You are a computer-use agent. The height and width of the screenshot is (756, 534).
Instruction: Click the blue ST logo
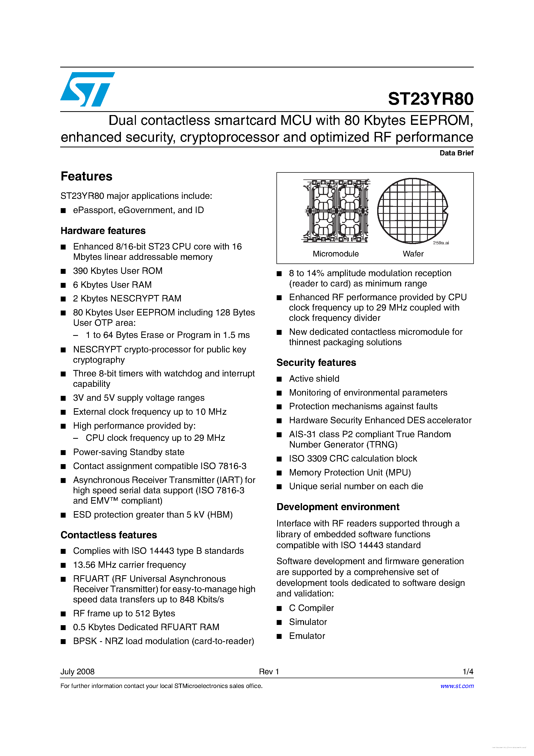coord(87,89)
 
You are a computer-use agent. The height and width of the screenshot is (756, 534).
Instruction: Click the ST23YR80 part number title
coord(430,99)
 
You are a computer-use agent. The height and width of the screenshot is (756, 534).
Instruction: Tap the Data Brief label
coord(456,153)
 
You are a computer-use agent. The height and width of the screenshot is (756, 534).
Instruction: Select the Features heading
coord(87,177)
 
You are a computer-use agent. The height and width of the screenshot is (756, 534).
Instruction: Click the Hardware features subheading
coord(103,231)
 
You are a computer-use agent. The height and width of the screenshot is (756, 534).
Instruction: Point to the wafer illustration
coord(412,211)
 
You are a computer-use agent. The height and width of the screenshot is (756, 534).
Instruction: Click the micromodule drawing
coord(336,211)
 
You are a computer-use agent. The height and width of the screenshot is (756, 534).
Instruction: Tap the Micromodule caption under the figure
coord(335,254)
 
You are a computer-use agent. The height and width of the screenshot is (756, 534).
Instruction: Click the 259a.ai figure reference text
coord(440,243)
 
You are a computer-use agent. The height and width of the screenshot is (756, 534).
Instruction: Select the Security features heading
coord(316,362)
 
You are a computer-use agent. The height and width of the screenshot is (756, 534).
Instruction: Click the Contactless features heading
coord(109,535)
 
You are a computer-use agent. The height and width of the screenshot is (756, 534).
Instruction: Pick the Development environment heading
coord(338,507)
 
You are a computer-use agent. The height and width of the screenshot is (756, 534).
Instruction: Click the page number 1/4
coord(468,671)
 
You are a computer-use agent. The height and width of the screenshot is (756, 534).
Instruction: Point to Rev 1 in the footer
coord(269,671)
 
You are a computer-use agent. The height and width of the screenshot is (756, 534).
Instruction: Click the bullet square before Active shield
coord(279,379)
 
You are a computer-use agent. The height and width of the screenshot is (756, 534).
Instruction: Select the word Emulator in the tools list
coord(307,636)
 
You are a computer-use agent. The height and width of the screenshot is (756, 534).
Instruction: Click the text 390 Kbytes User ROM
coord(118,271)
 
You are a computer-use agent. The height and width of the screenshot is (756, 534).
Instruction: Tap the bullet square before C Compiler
coord(279,608)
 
